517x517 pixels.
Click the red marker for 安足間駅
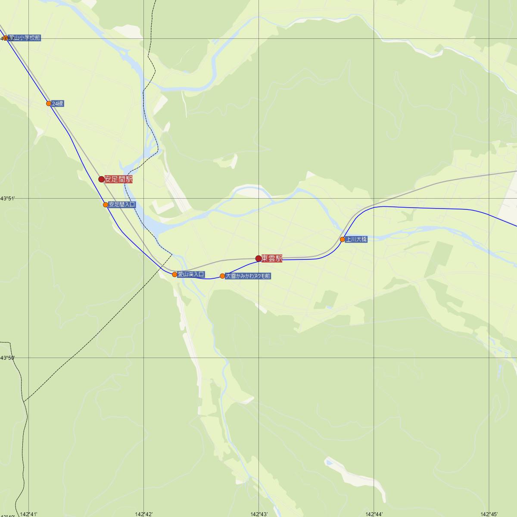[102, 179]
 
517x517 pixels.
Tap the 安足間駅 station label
[118, 179]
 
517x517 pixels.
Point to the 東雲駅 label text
[272, 258]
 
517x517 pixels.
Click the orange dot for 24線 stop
[49, 103]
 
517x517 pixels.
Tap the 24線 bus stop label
[58, 103]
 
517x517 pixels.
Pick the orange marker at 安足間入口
[106, 205]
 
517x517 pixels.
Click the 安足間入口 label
[122, 205]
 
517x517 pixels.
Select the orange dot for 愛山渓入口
[174, 274]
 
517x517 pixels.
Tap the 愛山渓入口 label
[191, 274]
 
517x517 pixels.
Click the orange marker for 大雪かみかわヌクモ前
[222, 276]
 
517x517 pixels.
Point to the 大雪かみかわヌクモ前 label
[248, 276]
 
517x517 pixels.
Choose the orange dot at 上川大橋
[343, 240]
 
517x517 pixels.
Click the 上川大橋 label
[356, 239]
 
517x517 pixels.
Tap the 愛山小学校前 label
[25, 38]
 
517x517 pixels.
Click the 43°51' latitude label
[7, 198]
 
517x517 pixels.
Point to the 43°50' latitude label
[7, 358]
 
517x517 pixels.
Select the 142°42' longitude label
[144, 514]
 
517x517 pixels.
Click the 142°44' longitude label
[374, 514]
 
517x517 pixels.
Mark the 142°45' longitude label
[489, 514]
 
